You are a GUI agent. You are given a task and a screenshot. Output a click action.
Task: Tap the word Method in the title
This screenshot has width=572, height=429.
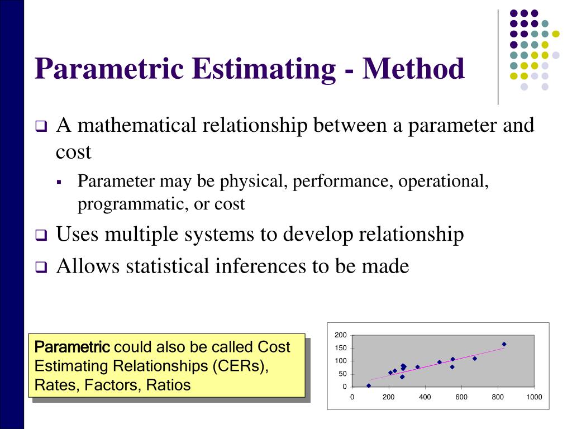click(x=414, y=69)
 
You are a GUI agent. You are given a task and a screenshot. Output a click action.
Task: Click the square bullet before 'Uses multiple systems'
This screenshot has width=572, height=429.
click(x=41, y=236)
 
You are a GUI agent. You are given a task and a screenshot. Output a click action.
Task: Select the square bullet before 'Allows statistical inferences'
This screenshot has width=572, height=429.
click(x=41, y=268)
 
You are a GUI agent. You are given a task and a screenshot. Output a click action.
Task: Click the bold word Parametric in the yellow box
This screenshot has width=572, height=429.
click(x=72, y=347)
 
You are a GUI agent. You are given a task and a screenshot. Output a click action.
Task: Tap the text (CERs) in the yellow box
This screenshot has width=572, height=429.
click(x=239, y=366)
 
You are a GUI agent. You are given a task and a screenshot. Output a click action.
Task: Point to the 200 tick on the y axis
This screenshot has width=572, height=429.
click(x=341, y=335)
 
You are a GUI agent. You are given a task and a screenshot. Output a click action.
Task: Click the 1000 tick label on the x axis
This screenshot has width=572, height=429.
click(x=533, y=398)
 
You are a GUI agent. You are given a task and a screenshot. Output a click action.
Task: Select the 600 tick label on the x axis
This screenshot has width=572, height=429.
click(x=461, y=398)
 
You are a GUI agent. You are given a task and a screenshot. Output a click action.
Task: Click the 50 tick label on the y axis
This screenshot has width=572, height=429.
click(x=342, y=374)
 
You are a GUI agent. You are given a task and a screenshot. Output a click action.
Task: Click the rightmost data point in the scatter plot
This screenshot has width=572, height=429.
click(x=504, y=344)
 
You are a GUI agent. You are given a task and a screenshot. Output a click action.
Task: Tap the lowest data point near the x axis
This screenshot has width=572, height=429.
click(x=369, y=385)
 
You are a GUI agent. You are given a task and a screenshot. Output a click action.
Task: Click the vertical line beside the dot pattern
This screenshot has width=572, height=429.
click(x=498, y=56)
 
